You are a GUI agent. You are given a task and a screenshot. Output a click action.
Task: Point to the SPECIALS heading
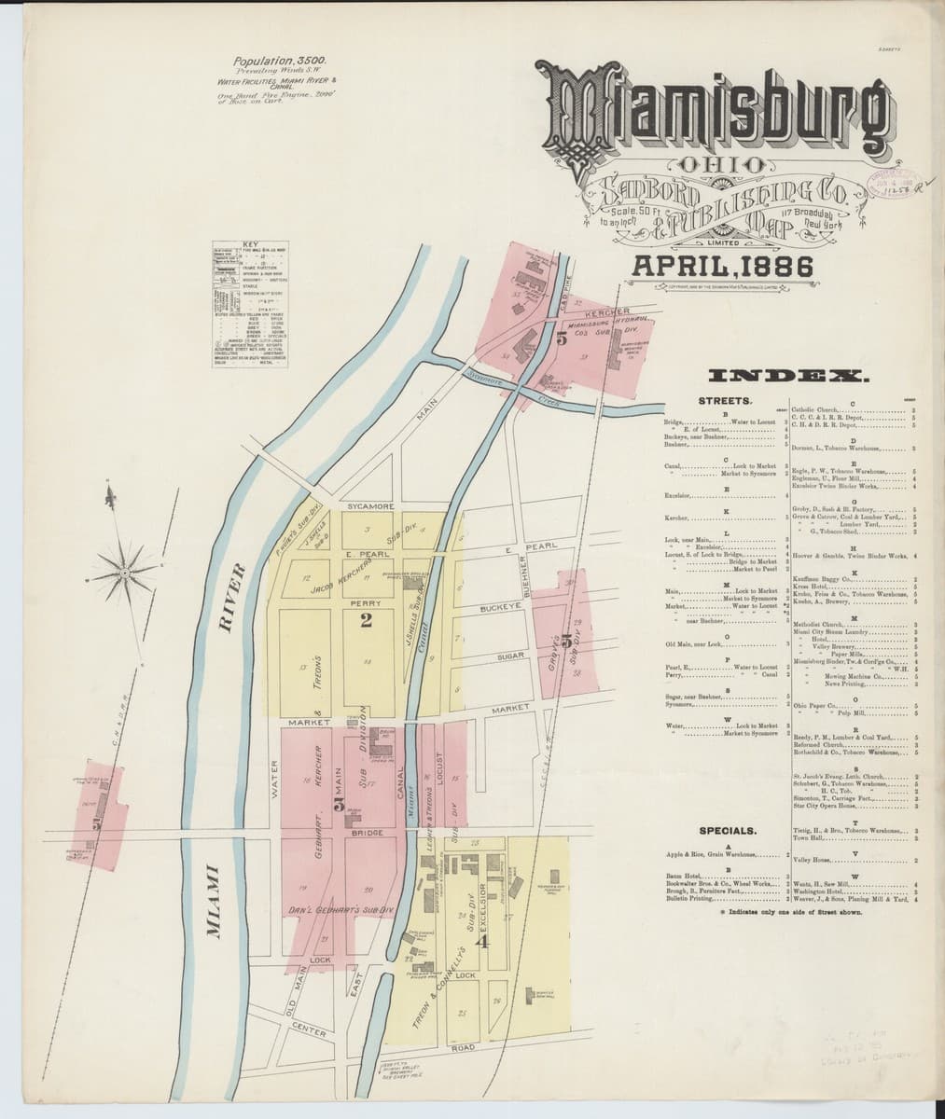[728, 830]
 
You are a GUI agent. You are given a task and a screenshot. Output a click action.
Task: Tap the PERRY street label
[362, 603]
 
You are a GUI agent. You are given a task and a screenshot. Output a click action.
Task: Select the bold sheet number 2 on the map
[367, 622]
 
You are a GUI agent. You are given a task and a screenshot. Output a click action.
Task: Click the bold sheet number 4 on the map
[481, 941]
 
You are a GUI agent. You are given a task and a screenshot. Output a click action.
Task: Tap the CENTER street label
[308, 1032]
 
